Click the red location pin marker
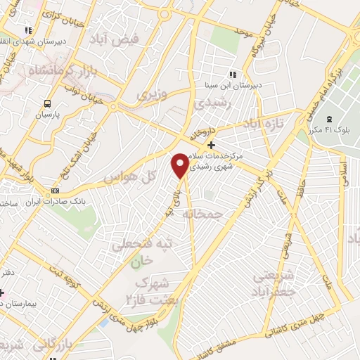tap(181, 165)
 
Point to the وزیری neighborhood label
tap(152, 94)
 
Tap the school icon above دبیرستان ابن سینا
tap(232, 75)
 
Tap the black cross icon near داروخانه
tap(211, 144)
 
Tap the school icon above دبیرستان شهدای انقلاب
tap(28, 30)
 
